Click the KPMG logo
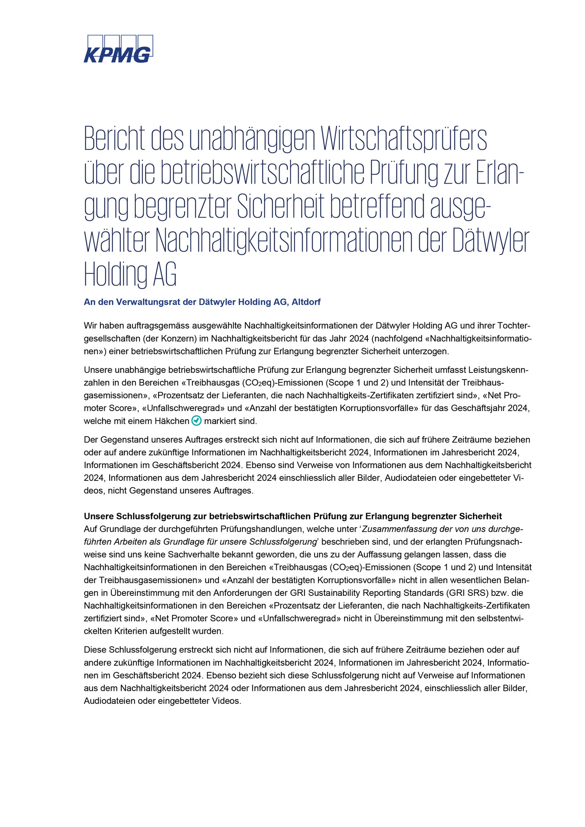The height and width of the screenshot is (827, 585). [x=118, y=49]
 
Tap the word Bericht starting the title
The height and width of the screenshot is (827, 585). [x=115, y=139]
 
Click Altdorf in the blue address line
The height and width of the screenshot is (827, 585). [x=306, y=302]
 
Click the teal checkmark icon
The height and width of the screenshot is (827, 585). [x=197, y=421]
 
